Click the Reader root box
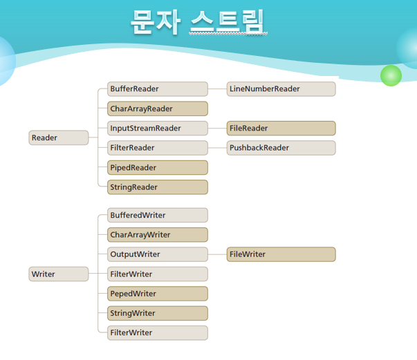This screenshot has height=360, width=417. tap(59, 138)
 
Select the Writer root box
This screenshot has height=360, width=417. tap(59, 274)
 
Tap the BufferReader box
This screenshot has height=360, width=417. tap(158, 88)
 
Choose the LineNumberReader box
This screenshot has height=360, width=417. tap(281, 88)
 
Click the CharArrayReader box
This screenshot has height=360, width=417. tap(158, 108)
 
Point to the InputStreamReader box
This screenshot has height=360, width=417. tap(158, 128)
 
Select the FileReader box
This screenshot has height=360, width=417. tap(281, 128)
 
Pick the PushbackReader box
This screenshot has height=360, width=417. tap(281, 148)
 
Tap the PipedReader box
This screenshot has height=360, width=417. tap(158, 167)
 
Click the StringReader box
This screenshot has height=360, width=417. tap(158, 187)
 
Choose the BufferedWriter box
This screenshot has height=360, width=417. tap(158, 215)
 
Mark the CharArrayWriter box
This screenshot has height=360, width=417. tap(158, 235)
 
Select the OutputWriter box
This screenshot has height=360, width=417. tap(158, 254)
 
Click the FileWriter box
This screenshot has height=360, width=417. tap(281, 254)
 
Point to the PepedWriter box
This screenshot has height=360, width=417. tap(158, 294)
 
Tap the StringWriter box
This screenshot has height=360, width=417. tap(158, 313)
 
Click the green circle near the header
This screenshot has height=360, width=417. tap(391, 75)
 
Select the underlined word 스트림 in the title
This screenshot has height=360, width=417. tap(228, 22)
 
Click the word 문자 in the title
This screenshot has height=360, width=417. tap(156, 22)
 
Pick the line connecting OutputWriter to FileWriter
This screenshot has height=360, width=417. tap(217, 254)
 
